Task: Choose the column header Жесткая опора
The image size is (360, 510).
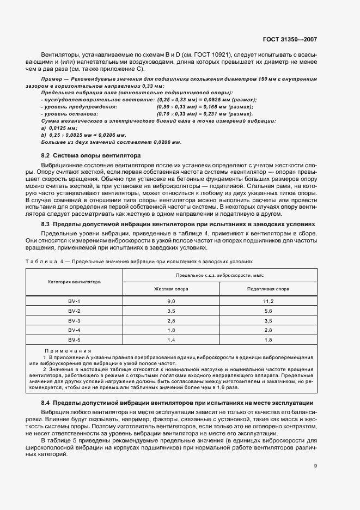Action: point(170,290)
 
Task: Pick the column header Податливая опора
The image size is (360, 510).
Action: point(267,290)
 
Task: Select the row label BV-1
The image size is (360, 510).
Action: point(74,301)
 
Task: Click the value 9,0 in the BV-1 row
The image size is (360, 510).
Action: point(170,301)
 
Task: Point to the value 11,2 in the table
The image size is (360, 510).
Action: point(267,301)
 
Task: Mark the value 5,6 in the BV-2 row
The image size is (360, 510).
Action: point(267,311)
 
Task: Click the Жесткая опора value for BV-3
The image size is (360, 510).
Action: point(170,320)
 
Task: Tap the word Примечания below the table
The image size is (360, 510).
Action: point(68,351)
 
